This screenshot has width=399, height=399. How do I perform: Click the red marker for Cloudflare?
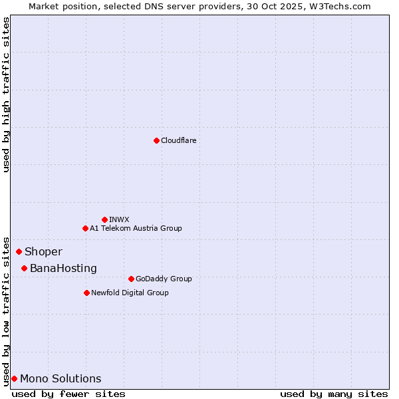click(x=156, y=140)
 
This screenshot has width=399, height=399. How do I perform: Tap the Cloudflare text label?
click(x=179, y=140)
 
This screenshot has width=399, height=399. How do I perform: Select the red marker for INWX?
click(x=104, y=219)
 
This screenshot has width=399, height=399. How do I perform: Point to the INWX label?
click(x=119, y=219)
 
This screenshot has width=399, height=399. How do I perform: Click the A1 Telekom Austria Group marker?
click(x=85, y=228)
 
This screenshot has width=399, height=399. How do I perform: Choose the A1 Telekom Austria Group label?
click(x=136, y=228)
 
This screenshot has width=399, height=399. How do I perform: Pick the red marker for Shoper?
click(x=19, y=251)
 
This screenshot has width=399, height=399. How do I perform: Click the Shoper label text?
click(x=43, y=251)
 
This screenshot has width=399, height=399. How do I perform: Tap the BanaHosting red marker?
click(x=24, y=268)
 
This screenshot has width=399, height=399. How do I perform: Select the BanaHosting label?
click(x=63, y=268)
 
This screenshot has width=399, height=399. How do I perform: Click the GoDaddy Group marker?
click(x=131, y=279)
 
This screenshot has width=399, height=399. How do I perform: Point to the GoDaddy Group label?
click(x=164, y=279)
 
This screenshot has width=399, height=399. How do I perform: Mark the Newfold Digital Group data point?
click(x=86, y=293)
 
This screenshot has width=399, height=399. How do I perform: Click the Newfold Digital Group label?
click(x=130, y=293)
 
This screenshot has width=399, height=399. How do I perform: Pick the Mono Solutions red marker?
click(x=14, y=378)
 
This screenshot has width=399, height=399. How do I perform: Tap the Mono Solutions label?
click(x=61, y=378)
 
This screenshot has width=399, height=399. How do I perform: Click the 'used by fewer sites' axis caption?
click(x=68, y=394)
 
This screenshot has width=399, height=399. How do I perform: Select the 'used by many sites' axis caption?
click(x=334, y=394)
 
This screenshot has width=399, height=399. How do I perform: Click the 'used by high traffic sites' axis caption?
click(x=6, y=94)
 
